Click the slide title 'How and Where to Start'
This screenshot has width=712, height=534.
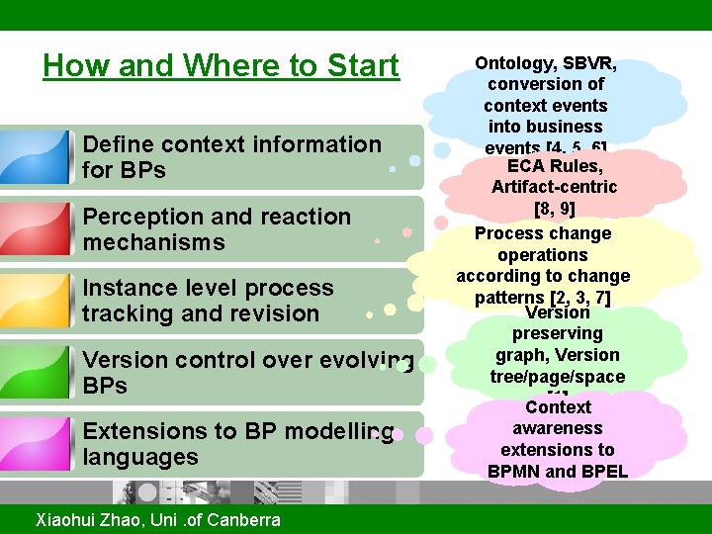[x=221, y=66]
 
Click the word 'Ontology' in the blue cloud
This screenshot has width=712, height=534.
[x=513, y=63]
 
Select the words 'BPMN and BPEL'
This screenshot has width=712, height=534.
[x=557, y=472]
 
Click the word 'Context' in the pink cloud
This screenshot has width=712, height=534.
[x=558, y=407]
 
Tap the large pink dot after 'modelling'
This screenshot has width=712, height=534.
[x=423, y=434]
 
